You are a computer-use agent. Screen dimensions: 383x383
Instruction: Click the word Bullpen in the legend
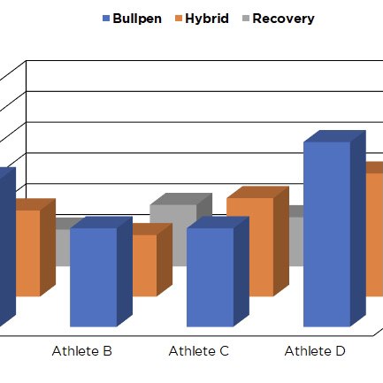click(137, 19)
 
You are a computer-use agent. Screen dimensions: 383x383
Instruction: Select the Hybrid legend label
click(207, 19)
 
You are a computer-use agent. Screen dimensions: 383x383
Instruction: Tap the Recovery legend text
click(283, 19)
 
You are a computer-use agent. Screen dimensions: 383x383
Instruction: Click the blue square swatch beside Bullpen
click(106, 19)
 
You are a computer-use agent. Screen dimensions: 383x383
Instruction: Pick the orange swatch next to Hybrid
click(179, 19)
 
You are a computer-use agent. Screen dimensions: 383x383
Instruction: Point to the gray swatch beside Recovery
click(246, 19)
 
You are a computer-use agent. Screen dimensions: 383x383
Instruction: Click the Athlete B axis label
click(82, 351)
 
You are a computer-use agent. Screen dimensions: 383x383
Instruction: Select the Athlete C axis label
click(199, 351)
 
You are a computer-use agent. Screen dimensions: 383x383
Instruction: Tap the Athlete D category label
click(315, 351)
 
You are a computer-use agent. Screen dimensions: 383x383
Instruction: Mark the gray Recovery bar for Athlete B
click(63, 246)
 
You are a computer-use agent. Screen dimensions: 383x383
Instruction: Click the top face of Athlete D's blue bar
click(334, 136)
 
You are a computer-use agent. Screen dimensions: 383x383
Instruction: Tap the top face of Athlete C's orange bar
click(257, 192)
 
